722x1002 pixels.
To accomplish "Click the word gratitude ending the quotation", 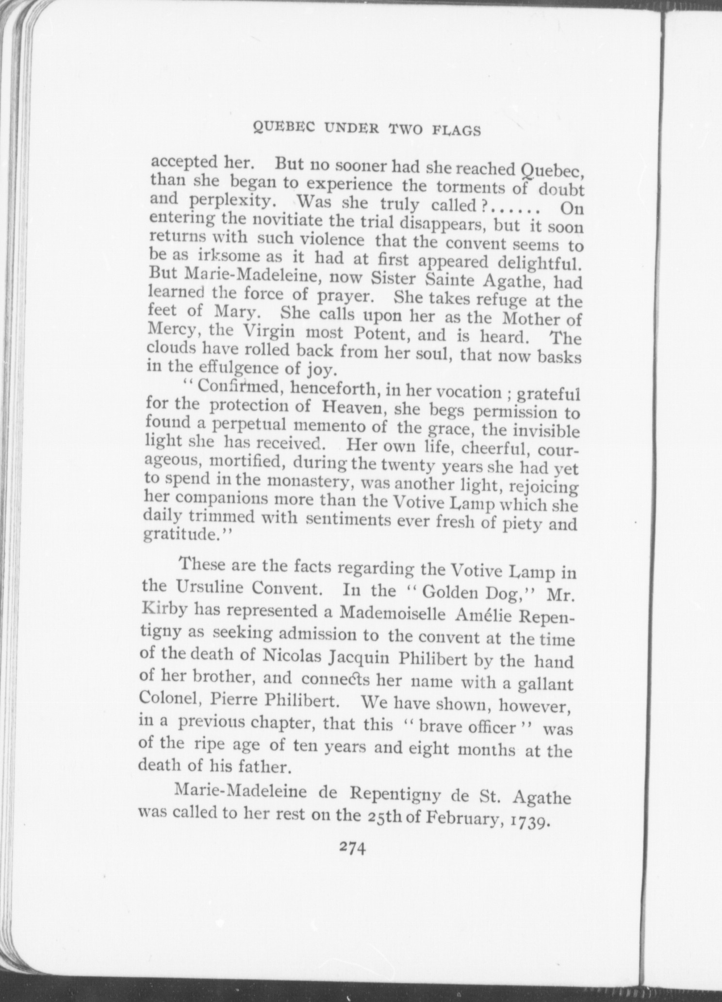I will [x=178, y=535].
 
